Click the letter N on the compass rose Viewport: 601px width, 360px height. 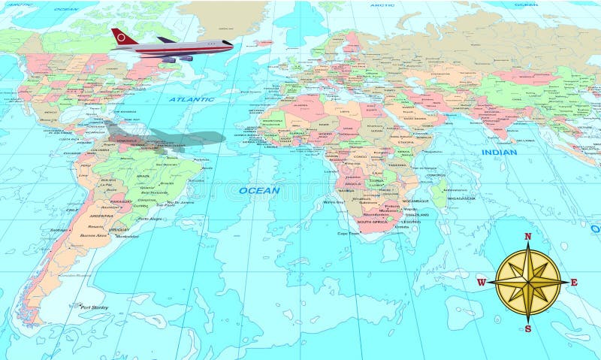(527, 237)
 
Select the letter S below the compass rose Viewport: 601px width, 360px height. (527, 328)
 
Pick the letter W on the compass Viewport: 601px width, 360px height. (481, 283)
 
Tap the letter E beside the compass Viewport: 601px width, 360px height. (574, 283)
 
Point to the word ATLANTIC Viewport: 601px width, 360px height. (191, 99)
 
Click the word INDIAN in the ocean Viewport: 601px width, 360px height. (499, 153)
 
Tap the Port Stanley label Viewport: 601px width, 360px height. (95, 307)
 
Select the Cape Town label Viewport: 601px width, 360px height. (348, 233)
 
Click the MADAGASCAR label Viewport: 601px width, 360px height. (458, 198)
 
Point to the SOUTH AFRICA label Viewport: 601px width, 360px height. (373, 222)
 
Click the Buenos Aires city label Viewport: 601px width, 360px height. (95, 236)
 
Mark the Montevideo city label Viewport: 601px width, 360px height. (127, 236)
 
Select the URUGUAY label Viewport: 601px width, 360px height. (119, 229)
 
